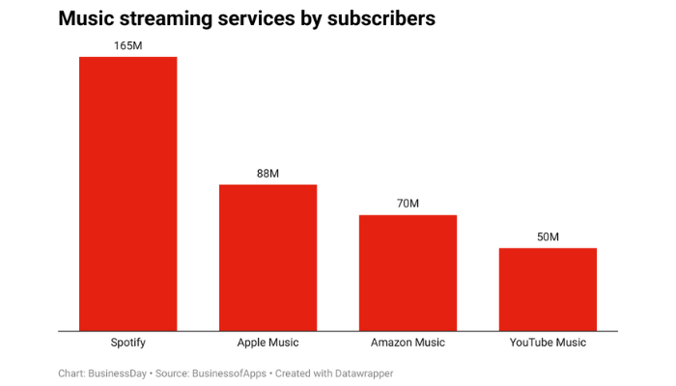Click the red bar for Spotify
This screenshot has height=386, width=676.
tap(127, 193)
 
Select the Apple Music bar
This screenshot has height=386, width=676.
tap(268, 257)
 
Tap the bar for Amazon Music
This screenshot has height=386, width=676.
tap(408, 272)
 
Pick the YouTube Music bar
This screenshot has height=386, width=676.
tap(548, 289)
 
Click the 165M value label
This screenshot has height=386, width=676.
tap(127, 44)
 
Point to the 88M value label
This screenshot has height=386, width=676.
tap(268, 173)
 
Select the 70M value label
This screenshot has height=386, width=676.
tap(408, 204)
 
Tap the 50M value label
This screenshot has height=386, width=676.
tap(548, 236)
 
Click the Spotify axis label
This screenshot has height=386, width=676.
tap(127, 343)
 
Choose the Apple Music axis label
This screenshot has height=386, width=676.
tap(268, 343)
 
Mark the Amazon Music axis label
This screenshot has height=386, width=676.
tap(408, 343)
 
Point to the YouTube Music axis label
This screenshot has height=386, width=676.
tap(548, 343)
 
